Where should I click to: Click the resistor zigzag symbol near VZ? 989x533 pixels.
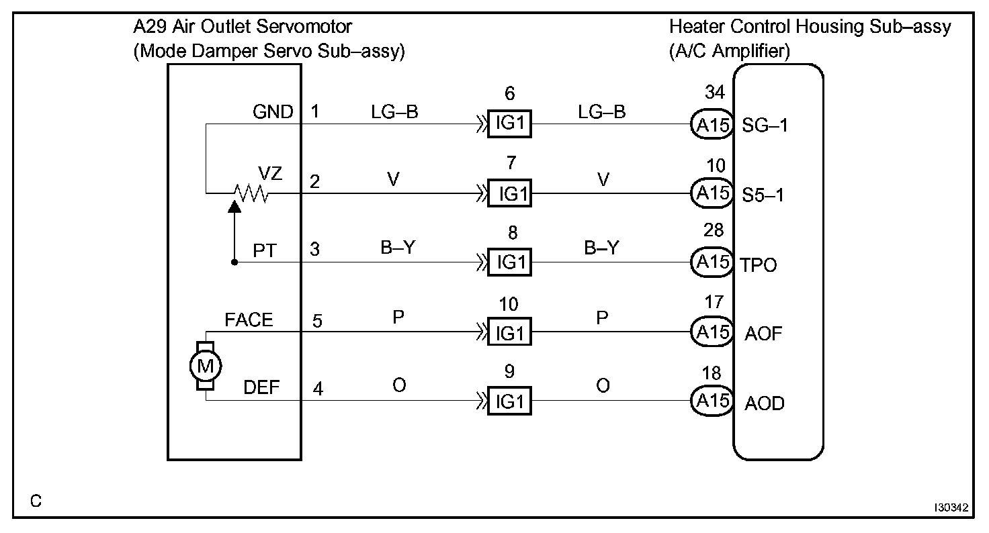coord(250,195)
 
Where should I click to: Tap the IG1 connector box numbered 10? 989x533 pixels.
coord(509,332)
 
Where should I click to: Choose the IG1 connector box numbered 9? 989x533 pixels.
coord(509,401)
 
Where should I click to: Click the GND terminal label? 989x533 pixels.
coord(273,111)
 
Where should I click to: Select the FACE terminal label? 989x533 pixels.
coord(249,320)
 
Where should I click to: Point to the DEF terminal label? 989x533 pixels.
coord(261,389)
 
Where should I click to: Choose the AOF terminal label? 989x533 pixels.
coord(763,333)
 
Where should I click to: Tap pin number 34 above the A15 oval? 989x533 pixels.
coord(714,92)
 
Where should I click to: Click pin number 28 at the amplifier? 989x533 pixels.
coord(714,230)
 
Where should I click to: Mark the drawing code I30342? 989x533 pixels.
coord(950,508)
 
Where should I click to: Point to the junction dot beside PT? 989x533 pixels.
coord(234,262)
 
